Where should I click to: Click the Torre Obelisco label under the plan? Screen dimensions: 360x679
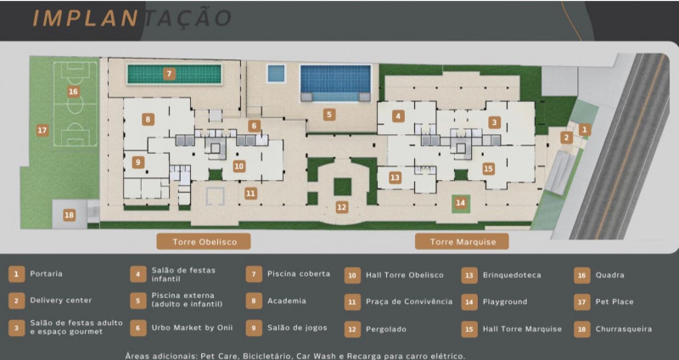point(204,242)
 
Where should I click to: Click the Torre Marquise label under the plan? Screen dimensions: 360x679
point(462,242)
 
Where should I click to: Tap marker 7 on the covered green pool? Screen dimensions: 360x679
point(170,74)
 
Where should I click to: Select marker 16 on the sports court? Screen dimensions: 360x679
point(73,91)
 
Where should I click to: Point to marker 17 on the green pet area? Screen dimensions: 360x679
point(42,130)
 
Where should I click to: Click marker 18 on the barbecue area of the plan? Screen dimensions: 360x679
point(69,215)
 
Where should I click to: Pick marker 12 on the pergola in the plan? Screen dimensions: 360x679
point(341,206)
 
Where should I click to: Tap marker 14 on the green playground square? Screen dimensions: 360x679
point(460,203)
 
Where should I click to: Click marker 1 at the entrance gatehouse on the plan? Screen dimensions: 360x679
point(584,129)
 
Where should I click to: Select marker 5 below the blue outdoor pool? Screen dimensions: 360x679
point(329,114)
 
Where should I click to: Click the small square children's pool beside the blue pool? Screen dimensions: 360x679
point(276,74)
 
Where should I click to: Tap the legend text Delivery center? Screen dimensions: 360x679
point(61,301)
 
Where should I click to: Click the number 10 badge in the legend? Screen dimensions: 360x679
point(352,274)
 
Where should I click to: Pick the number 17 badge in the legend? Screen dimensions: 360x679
point(581,301)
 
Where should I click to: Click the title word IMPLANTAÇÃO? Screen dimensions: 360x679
point(132,18)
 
